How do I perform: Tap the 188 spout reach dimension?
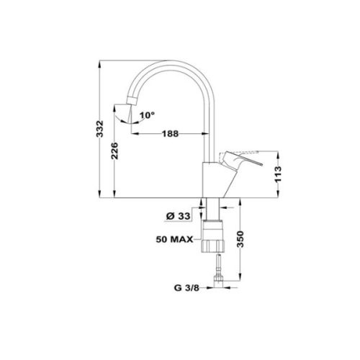169,133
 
